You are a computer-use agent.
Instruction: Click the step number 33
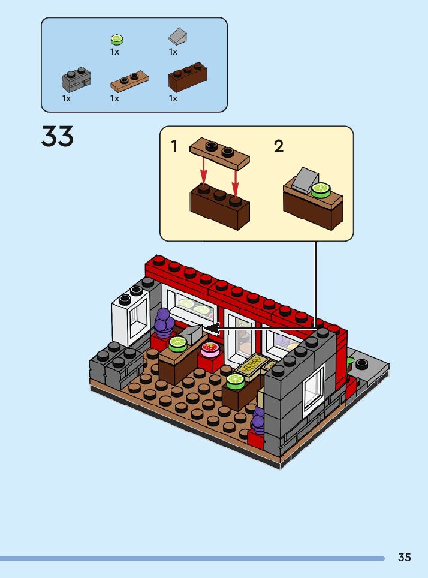[x=58, y=137]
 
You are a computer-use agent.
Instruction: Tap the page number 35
[x=405, y=558]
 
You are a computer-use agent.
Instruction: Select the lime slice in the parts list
[x=117, y=40]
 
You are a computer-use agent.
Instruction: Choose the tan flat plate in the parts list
[x=130, y=80]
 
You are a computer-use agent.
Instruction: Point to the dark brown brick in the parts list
[x=188, y=78]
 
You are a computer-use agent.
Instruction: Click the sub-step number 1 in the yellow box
[x=174, y=146]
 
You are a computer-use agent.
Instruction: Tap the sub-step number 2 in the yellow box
[x=279, y=146]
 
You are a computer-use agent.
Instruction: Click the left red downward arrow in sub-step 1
[x=204, y=170]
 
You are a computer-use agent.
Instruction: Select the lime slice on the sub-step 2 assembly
[x=321, y=189]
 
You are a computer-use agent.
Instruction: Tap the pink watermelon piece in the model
[x=210, y=348]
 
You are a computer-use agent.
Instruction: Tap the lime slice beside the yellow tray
[x=235, y=379]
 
